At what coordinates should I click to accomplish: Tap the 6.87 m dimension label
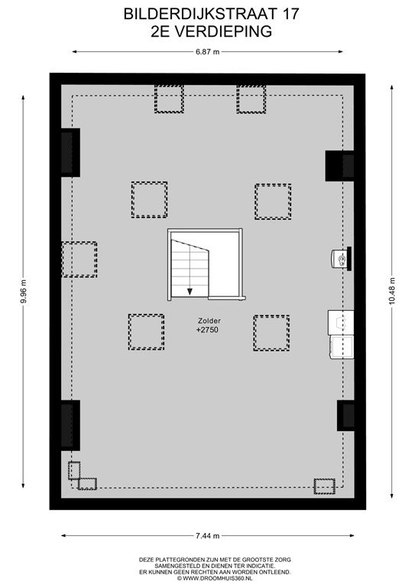pyautogui.click(x=207, y=52)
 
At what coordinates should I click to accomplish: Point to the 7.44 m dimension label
pyautogui.click(x=207, y=535)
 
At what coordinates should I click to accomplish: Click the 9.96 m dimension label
pyautogui.click(x=24, y=291)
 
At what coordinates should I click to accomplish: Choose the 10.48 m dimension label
pyautogui.click(x=393, y=291)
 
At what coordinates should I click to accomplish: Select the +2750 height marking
pyautogui.click(x=208, y=330)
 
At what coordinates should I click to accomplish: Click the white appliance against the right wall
pyautogui.click(x=341, y=335)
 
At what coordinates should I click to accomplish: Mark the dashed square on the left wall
pyautogui.click(x=79, y=260)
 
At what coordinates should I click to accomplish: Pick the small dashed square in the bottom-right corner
pyautogui.click(x=324, y=485)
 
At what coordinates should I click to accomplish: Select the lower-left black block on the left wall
pyautogui.click(x=70, y=425)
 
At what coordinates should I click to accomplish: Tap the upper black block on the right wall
pyautogui.click(x=341, y=165)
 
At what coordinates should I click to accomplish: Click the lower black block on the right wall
pyautogui.click(x=346, y=416)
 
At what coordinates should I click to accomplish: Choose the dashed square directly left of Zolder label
pyautogui.click(x=146, y=332)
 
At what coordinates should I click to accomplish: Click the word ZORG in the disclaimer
pyautogui.click(x=281, y=560)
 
